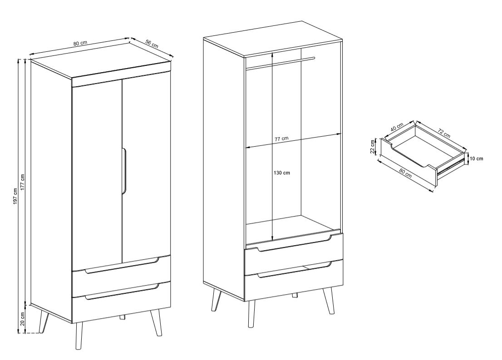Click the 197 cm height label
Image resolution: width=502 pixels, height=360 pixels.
(x=15, y=196)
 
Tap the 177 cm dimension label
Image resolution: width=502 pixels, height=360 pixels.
(x=22, y=182)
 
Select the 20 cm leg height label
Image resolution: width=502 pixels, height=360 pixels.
(x=22, y=319)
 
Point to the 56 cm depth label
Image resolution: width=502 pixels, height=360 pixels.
(x=152, y=43)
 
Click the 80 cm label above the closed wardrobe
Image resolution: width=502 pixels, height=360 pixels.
(x=80, y=44)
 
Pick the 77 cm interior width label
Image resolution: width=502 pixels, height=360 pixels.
(x=281, y=138)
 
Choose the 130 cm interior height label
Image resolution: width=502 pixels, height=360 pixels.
(x=282, y=173)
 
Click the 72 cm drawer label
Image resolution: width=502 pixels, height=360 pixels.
(x=444, y=133)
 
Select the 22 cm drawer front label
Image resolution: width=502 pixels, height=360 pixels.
(x=372, y=147)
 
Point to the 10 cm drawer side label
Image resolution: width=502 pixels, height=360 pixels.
(x=477, y=158)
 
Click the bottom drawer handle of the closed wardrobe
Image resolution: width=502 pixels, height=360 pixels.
(x=122, y=292)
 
